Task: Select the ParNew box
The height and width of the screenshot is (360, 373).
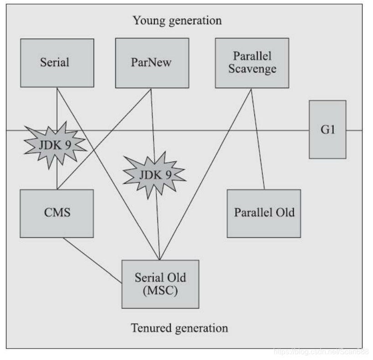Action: pos(151,63)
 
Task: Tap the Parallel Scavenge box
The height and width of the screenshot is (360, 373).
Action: pos(252,63)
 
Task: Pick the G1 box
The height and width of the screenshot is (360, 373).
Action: pos(327,130)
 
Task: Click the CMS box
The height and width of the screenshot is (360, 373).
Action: pos(57,213)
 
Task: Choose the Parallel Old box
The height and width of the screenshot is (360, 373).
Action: pos(264,213)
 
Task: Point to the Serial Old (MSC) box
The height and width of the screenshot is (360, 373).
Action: pos(160,284)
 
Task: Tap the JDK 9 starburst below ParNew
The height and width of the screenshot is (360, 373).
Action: pos(154,174)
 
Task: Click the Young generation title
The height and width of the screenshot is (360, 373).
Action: pos(177,21)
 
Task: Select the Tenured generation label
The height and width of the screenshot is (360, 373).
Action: pos(179,328)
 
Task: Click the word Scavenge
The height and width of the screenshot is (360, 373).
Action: pos(252,69)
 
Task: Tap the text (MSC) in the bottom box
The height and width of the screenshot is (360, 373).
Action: pos(160,290)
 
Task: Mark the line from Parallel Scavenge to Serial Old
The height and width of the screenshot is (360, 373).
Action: pos(205,173)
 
